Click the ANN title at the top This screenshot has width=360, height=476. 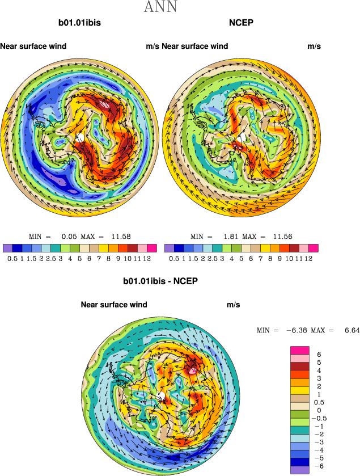click(x=160, y=7)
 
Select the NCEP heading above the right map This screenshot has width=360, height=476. click(x=241, y=23)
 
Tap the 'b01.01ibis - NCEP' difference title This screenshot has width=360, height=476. click(x=160, y=281)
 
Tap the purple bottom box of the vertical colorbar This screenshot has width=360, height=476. click(x=300, y=470)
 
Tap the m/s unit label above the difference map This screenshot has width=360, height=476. click(x=233, y=305)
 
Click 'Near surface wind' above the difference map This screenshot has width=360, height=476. click(x=114, y=305)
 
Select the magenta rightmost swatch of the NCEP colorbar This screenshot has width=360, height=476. click(x=314, y=248)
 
